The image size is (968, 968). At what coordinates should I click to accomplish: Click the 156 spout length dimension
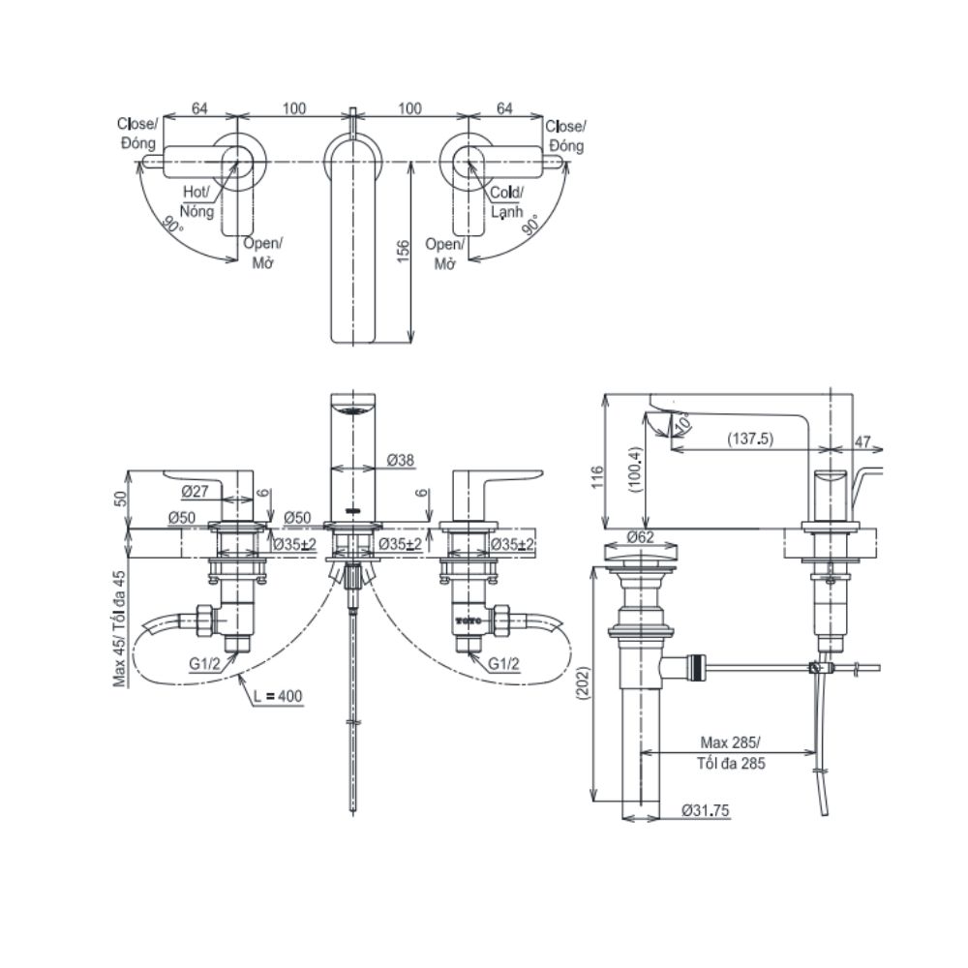pos(404,250)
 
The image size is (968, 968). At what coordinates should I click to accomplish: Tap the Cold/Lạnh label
pos(504,200)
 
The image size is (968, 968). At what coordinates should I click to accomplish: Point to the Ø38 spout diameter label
pos(400,462)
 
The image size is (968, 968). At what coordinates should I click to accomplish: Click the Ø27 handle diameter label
pos(196,491)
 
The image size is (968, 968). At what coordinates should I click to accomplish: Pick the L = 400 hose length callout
pos(277,697)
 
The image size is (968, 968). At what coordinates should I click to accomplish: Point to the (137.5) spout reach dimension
pos(751,439)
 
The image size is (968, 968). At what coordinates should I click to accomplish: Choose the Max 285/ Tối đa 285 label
pos(729,752)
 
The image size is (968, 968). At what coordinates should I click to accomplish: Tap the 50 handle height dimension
pos(121,498)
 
